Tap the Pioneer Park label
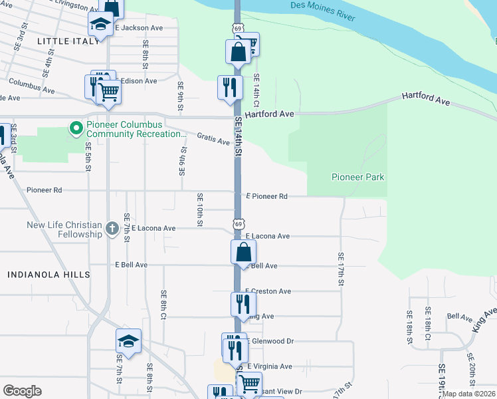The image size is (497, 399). pos(358,178)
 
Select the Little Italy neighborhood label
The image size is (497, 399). pos(63,41)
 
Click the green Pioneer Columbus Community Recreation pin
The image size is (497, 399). pos(76,127)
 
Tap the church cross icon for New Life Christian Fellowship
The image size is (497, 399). pos(112,230)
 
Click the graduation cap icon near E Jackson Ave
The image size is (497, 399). pos(100,25)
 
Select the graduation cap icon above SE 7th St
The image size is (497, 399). pos(128,341)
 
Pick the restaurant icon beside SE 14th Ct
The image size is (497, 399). pos(228,86)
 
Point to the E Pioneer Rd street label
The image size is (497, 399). pos(266,196)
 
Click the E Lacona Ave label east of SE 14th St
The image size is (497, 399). pos(268,236)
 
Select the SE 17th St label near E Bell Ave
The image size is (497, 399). pos(341,270)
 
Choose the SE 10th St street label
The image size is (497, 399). pos(199,209)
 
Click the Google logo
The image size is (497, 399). pos(22,391)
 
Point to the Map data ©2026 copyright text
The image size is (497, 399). pos(468,394)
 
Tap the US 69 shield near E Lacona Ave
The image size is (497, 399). pos(238,224)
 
